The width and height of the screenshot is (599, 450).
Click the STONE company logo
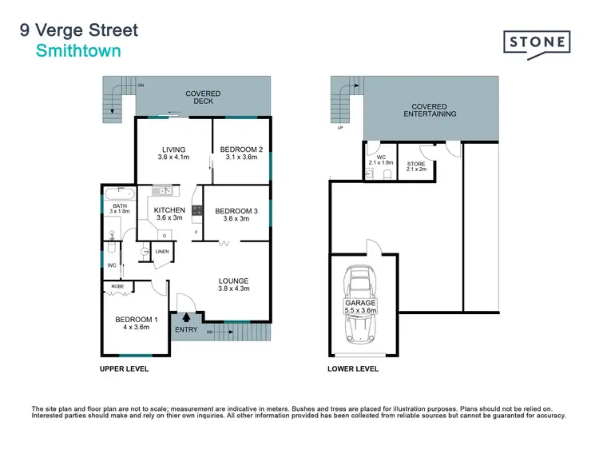[x=537, y=42]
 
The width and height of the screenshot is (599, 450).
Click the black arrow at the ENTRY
[x=186, y=317]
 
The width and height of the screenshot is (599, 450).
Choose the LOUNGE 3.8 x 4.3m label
[x=234, y=285]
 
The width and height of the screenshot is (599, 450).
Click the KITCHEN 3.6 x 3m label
[x=169, y=213]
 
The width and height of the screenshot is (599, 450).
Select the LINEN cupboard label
[x=162, y=252]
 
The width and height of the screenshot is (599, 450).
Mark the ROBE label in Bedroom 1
[x=117, y=285]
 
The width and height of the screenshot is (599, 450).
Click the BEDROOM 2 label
[x=240, y=153]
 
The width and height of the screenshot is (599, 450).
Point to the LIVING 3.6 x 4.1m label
[x=173, y=153]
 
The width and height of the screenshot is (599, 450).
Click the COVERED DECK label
[x=203, y=97]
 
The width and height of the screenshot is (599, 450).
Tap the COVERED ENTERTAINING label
[x=434, y=110]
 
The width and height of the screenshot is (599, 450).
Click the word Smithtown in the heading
[x=78, y=50]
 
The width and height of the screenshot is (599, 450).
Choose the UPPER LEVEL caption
[x=124, y=369]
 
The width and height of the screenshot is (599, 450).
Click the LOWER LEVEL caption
[x=353, y=369]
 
